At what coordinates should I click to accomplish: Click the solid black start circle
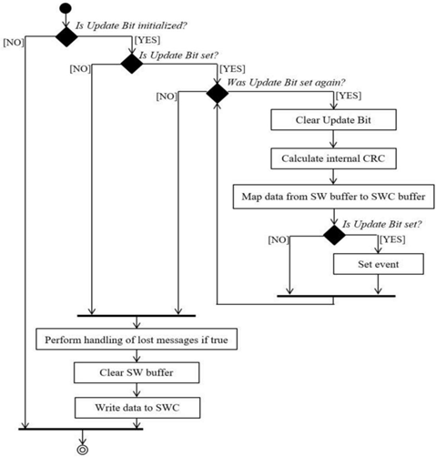(x=66, y=8)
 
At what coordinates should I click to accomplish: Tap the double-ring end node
(x=82, y=450)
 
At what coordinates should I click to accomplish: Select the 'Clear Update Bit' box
(x=333, y=120)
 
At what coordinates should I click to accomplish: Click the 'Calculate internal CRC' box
(x=333, y=158)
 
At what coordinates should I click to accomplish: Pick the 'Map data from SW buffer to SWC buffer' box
(x=333, y=197)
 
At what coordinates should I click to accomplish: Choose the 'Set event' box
(x=379, y=264)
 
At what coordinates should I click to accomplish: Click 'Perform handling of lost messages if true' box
(x=137, y=339)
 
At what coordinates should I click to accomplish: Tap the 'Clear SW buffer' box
(x=137, y=372)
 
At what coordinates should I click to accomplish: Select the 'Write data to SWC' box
(x=137, y=408)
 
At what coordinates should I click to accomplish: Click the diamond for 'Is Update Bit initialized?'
(x=66, y=36)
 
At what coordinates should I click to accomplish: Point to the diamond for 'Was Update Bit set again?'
(x=218, y=93)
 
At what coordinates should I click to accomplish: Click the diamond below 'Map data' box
(x=334, y=235)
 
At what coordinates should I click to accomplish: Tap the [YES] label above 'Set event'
(x=393, y=239)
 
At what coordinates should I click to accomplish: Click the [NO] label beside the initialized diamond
(x=14, y=43)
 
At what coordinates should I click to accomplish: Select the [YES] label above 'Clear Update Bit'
(x=349, y=96)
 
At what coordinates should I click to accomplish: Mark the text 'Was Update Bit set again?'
(x=287, y=82)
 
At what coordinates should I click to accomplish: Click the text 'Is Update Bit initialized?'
(x=131, y=25)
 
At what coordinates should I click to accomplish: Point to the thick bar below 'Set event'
(x=336, y=296)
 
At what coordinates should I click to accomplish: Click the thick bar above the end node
(x=81, y=429)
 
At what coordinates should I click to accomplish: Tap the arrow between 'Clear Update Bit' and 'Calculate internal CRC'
(x=333, y=139)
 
